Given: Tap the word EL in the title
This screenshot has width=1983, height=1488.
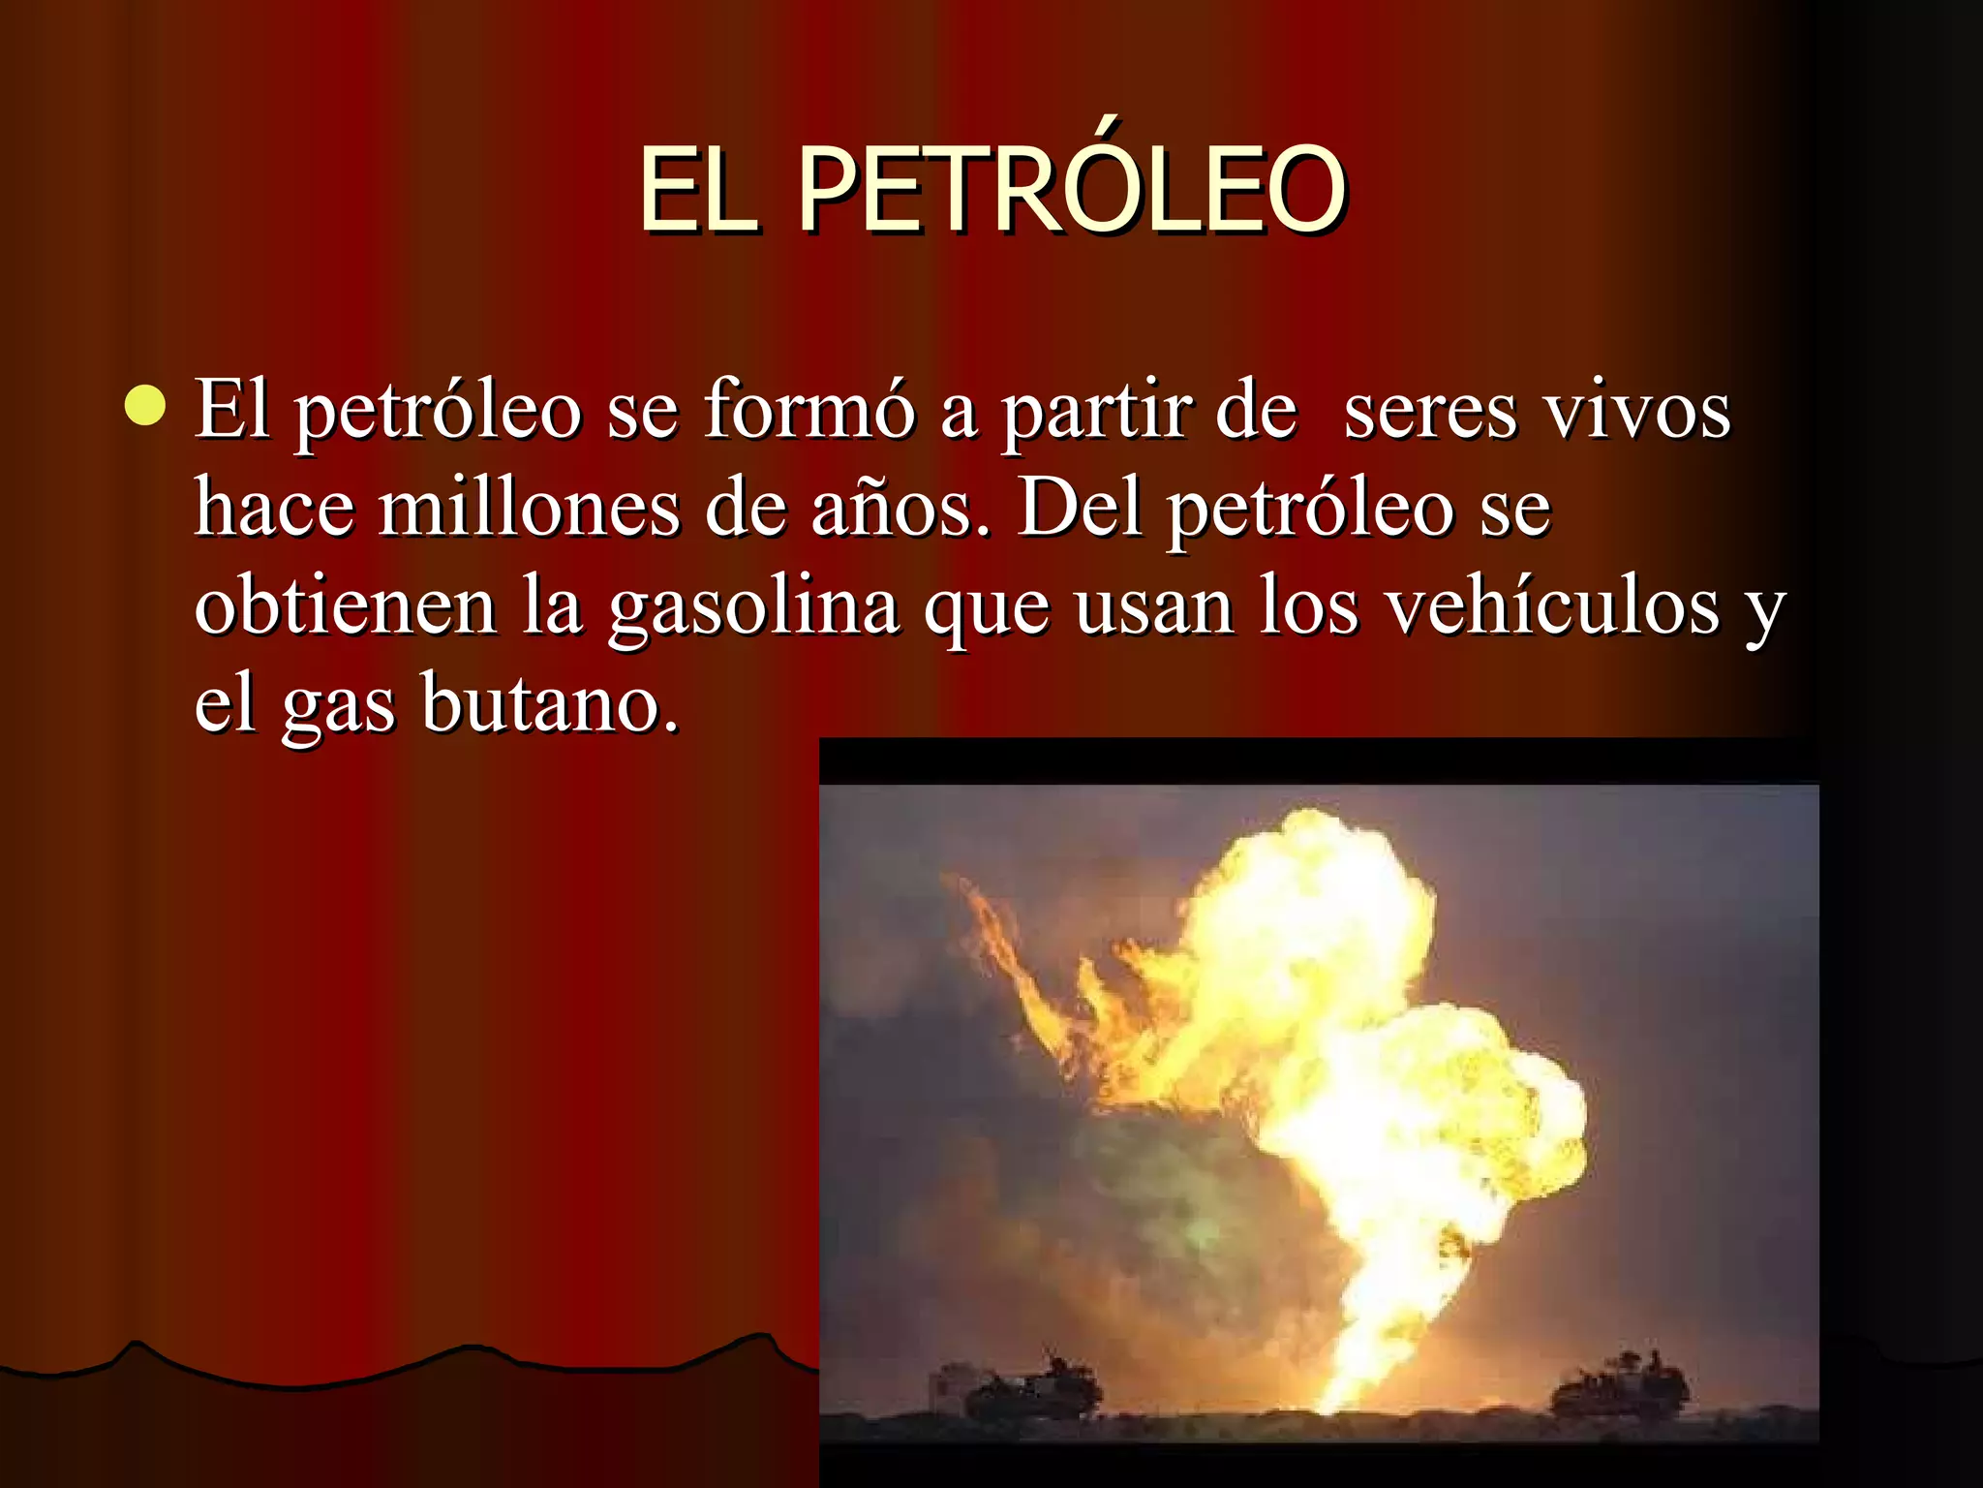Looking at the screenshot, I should tap(696, 191).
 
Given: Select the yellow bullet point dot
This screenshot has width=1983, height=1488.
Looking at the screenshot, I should tap(145, 404).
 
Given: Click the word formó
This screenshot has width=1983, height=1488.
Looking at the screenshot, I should tap(808, 410).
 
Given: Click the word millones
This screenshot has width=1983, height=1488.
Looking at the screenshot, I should tap(529, 509).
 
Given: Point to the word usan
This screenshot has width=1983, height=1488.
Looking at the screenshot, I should tap(1154, 608).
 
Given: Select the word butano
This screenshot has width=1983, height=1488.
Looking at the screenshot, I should tap(550, 703).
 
